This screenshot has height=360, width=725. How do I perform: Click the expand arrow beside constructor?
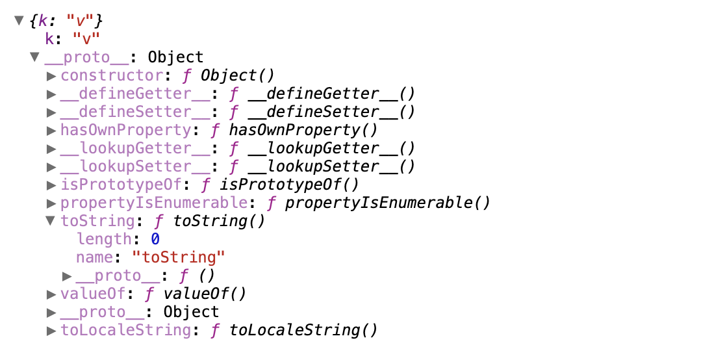52,76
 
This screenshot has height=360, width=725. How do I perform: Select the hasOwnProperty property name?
126,130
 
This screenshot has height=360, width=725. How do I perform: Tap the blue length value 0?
155,239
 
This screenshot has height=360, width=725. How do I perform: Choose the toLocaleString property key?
126,330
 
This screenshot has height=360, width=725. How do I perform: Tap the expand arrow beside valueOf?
52,294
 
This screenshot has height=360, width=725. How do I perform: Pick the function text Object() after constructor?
238,75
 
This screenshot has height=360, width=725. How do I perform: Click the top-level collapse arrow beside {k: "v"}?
19,21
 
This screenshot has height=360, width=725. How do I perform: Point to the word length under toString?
104,239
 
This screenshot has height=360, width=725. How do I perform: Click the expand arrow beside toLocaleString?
52,331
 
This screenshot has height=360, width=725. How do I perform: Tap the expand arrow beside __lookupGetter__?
52,149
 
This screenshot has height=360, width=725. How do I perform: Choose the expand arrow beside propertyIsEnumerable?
52,203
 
